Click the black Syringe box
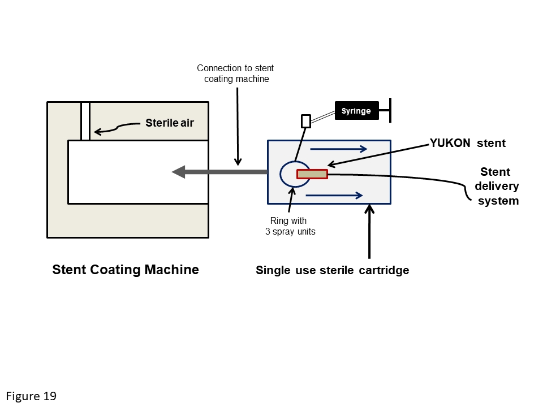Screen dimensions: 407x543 [356, 111]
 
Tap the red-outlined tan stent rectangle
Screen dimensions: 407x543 [312, 174]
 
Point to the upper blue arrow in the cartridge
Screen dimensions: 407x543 [339, 150]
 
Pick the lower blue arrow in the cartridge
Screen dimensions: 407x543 [334, 196]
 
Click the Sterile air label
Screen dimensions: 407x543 [170, 123]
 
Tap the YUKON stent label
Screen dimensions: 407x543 [468, 144]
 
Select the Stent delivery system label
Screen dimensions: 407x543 [496, 186]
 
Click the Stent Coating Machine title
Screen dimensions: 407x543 [126, 270]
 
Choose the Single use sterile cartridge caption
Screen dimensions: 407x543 [332, 270]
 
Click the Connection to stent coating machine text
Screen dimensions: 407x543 [236, 73]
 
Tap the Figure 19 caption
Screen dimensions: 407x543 [32, 396]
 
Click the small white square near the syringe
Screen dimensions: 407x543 [306, 121]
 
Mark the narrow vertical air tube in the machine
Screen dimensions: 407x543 [85, 121]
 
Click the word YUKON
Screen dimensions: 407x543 [450, 144]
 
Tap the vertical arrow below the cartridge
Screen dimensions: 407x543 [369, 232]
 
